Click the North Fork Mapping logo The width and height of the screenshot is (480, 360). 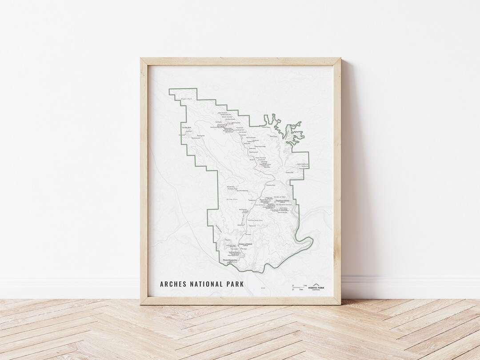click(x=319, y=287)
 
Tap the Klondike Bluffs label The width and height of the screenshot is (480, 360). click(x=186, y=128)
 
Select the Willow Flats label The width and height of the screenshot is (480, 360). click(x=232, y=200)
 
